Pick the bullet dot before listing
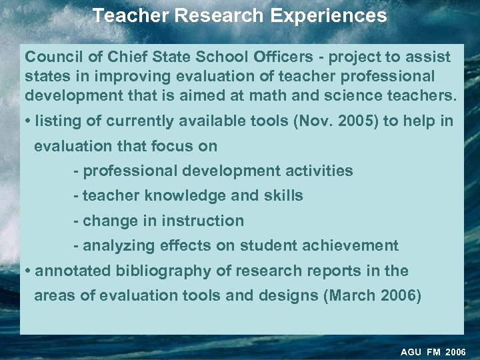tap(27, 121)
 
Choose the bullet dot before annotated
tap(27, 271)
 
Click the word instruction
tap(203, 221)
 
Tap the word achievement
tap(350, 246)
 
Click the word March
tap(353, 296)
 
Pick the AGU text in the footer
tap(411, 352)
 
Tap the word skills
tap(285, 195)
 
